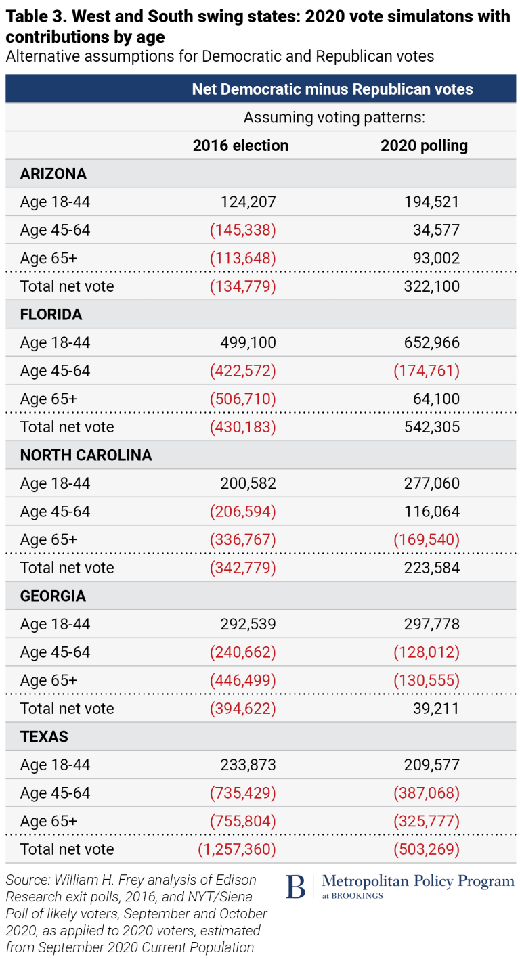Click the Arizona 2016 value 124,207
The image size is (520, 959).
tap(248, 202)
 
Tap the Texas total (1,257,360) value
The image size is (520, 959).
tap(237, 849)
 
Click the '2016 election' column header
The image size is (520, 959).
tap(240, 146)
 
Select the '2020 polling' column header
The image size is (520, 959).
tap(424, 146)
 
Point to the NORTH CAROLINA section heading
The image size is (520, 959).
tap(86, 455)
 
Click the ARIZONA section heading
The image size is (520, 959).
tap(53, 174)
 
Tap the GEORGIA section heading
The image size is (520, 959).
tap(53, 596)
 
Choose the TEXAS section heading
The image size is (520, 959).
tap(44, 737)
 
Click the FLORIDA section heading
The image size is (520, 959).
tap(51, 315)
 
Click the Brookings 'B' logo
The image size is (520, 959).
tap(296, 887)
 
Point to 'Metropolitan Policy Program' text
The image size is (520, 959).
tap(418, 881)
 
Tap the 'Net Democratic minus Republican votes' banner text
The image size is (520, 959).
tap(332, 89)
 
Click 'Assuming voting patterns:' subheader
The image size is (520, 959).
tap(334, 118)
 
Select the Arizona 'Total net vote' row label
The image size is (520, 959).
tap(67, 286)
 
